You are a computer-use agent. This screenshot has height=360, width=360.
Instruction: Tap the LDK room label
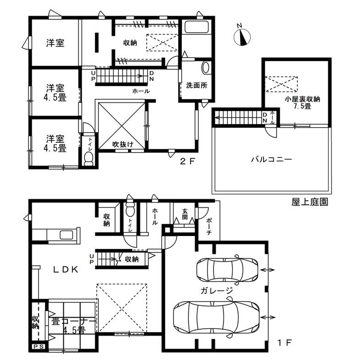pos(66,270)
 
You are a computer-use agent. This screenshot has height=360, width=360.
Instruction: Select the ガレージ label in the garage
pos(217,291)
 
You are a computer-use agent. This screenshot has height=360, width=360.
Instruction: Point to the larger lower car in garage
pos(216,318)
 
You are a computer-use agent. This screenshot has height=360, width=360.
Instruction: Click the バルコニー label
pos(271,159)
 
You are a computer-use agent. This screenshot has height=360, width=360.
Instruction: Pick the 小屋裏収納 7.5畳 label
pos(302,102)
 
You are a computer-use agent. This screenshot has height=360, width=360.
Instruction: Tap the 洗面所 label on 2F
pos(197,85)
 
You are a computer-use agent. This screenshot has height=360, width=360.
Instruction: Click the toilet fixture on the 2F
pos(89,159)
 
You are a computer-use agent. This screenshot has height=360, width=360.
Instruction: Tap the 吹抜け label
pos(123,144)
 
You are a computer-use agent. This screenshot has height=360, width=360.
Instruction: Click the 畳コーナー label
pos(73,321)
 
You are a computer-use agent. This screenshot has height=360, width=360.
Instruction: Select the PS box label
pos(39,347)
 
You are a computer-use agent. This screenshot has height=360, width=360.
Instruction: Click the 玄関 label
pos(185,214)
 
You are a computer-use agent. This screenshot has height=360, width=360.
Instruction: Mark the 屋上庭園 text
pos(309,202)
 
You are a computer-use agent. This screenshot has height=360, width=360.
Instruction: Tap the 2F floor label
pos(187,162)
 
